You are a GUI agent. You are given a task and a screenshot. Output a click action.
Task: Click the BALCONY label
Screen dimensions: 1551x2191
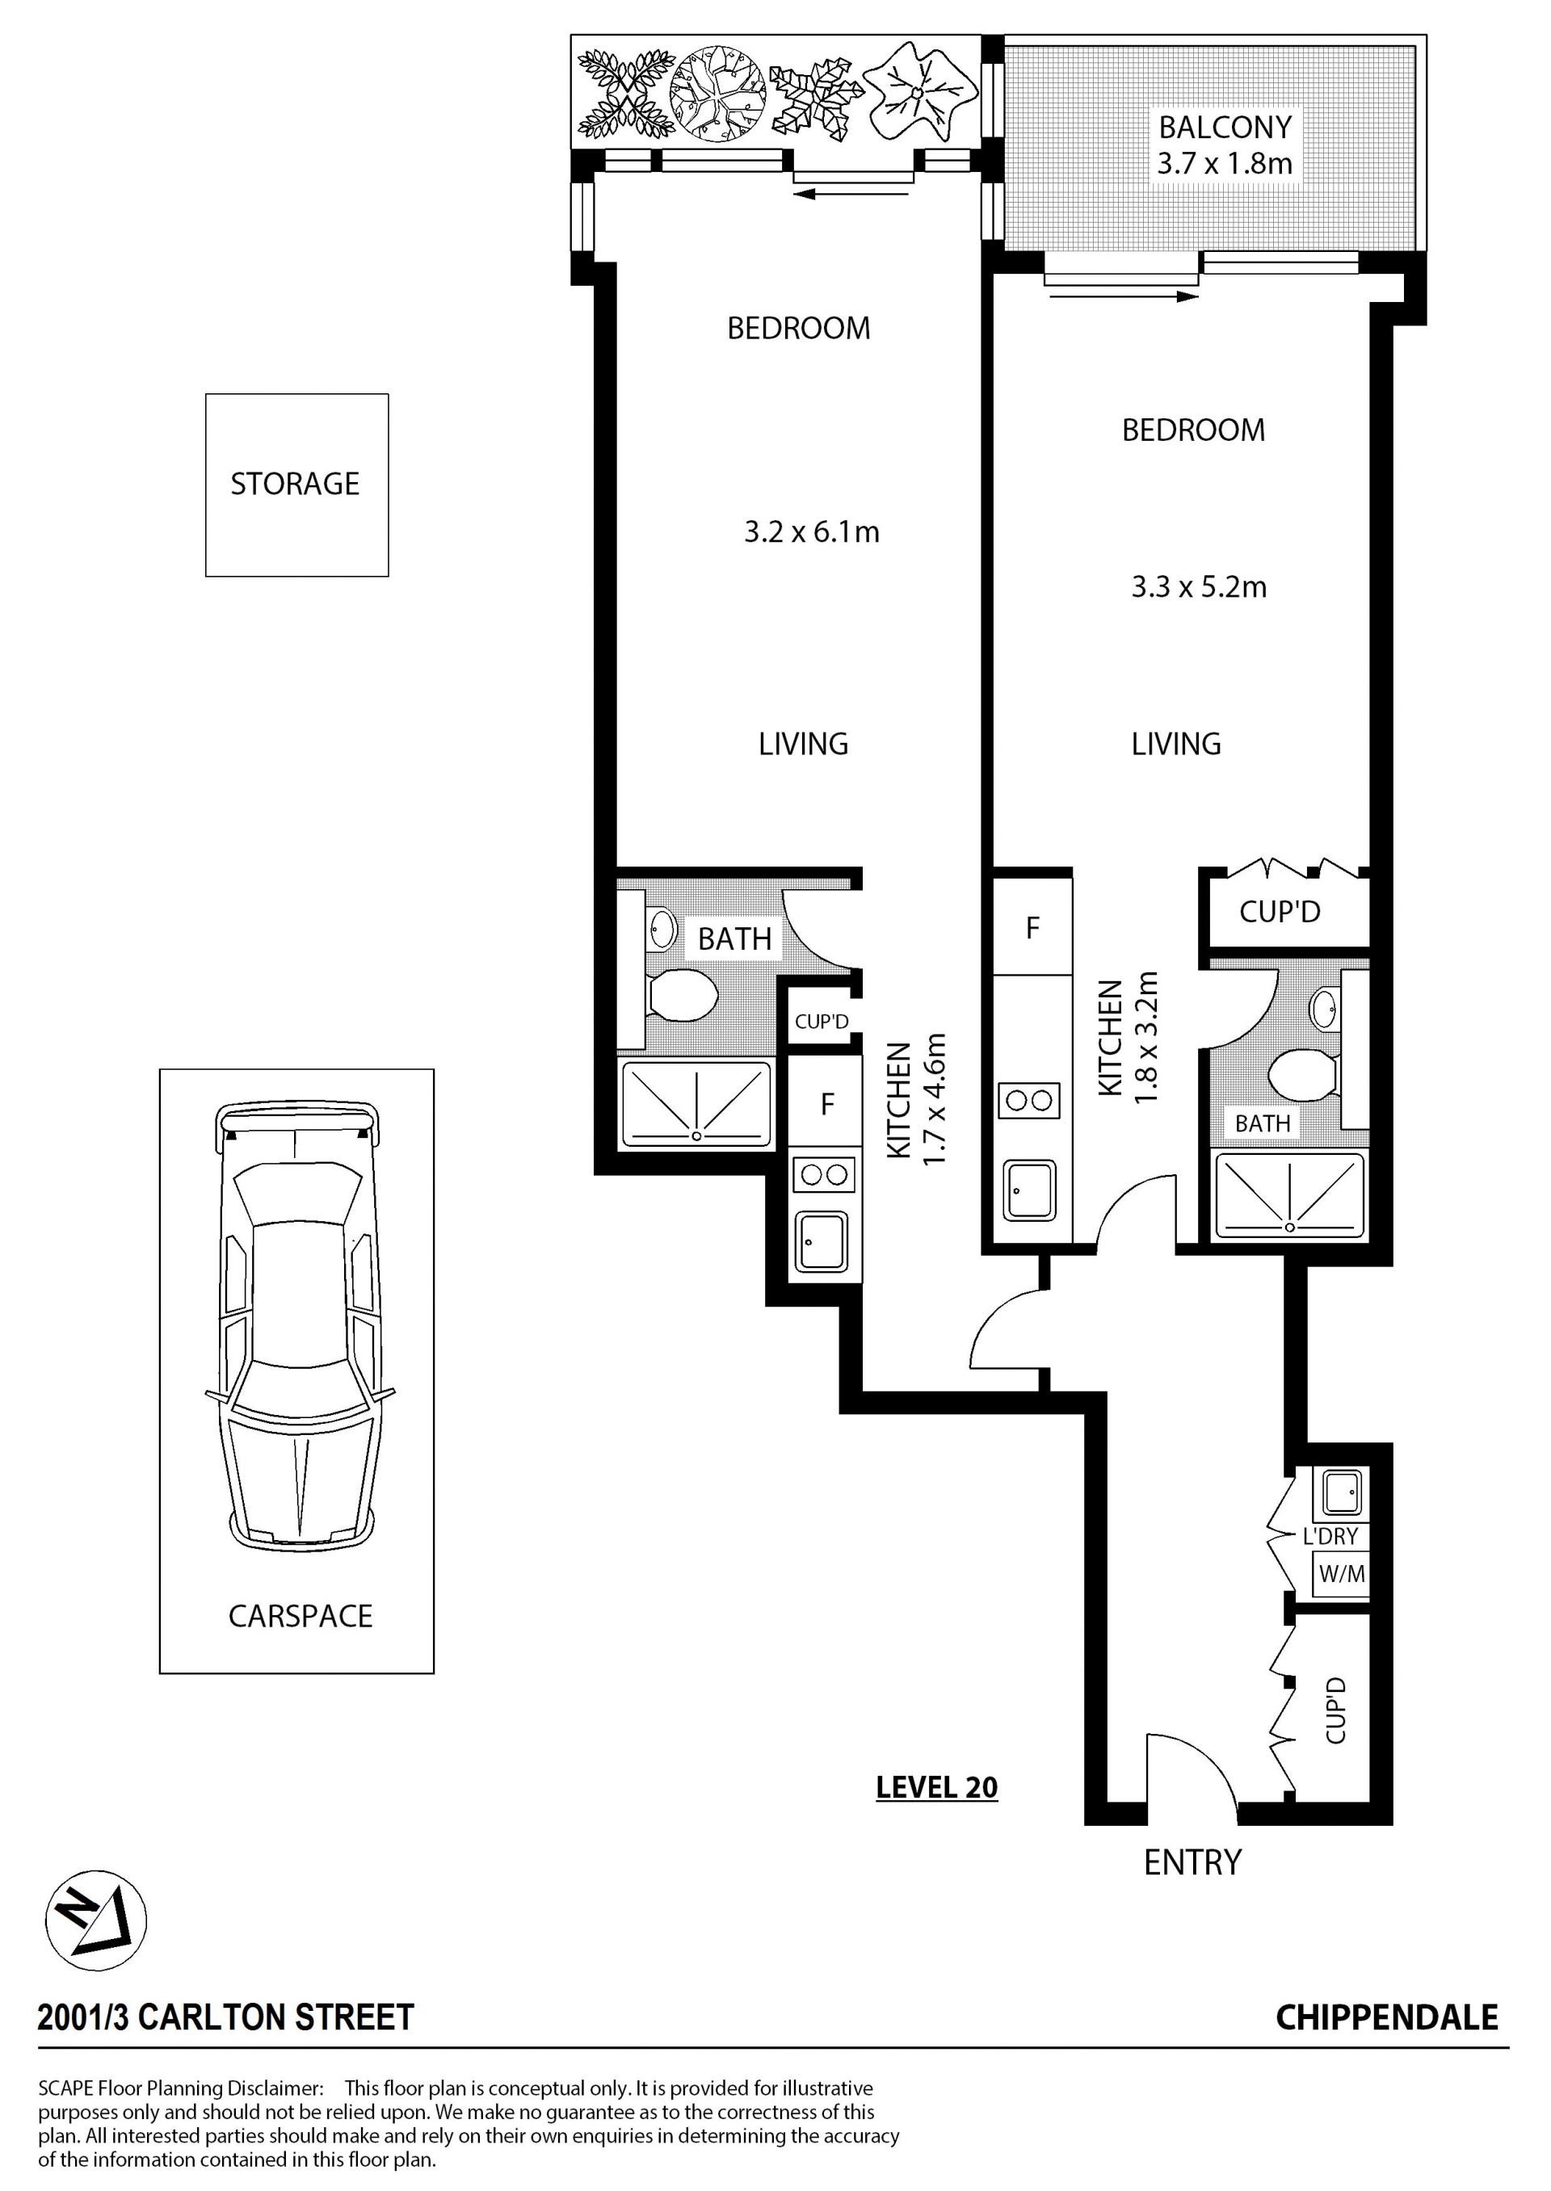[1225, 127]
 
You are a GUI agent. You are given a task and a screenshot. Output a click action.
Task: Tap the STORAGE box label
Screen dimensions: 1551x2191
[295, 484]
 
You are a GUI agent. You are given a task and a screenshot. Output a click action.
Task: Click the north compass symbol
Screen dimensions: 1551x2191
[95, 1920]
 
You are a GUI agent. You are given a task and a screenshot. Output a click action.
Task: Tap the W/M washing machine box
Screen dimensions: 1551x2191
[1342, 1574]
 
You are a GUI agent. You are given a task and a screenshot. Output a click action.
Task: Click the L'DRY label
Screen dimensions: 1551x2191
[1330, 1536]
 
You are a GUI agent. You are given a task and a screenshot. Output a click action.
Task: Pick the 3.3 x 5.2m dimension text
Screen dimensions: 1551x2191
[1200, 587]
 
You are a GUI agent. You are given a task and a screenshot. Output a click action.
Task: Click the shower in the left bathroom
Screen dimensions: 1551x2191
[696, 1105]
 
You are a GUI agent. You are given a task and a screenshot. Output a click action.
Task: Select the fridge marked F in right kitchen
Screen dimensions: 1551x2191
[1032, 927]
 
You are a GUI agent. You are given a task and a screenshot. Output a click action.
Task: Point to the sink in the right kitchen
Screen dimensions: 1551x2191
[1029, 1190]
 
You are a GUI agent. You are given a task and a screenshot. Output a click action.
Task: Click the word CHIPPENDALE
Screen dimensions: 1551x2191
[1387, 2017]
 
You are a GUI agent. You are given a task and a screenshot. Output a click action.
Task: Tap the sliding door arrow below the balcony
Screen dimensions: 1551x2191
[1123, 298]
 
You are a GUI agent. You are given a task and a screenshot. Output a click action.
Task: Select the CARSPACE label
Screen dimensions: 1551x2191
[301, 1616]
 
